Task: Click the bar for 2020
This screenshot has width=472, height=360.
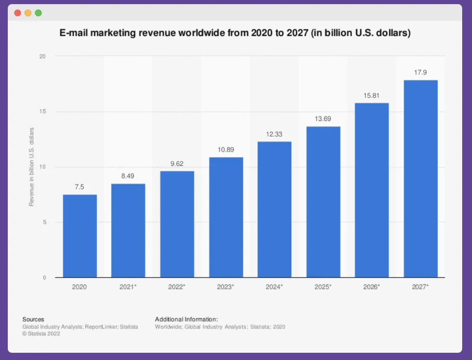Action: [x=80, y=236]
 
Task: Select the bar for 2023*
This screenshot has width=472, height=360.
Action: [x=226, y=217]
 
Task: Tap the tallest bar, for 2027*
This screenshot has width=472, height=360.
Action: [x=420, y=178]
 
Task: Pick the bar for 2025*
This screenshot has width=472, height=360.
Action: [x=323, y=202]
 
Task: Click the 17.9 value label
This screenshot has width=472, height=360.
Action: [x=420, y=72]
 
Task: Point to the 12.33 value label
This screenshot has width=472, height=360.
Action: [x=274, y=134]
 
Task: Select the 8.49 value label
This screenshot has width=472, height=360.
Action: [x=128, y=176]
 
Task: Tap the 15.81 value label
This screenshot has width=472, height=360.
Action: [x=372, y=95]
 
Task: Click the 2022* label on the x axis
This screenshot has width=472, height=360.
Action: [x=177, y=286]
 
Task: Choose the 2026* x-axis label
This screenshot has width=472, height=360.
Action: [x=372, y=286]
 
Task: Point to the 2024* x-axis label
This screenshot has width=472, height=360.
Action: [x=274, y=286]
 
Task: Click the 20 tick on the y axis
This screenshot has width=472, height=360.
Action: [x=43, y=56]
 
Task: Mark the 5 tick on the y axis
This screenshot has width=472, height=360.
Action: [x=45, y=222]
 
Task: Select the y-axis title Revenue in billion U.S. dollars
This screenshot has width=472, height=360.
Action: [x=32, y=167]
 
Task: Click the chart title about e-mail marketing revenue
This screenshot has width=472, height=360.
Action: [x=235, y=34]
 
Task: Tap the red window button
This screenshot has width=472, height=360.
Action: [x=18, y=12]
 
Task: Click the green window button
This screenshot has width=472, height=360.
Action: [x=38, y=12]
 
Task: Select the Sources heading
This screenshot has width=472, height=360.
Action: [x=33, y=319]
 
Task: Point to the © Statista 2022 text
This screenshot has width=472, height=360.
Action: [x=41, y=334]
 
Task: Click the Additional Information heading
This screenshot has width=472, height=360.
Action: [x=186, y=319]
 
